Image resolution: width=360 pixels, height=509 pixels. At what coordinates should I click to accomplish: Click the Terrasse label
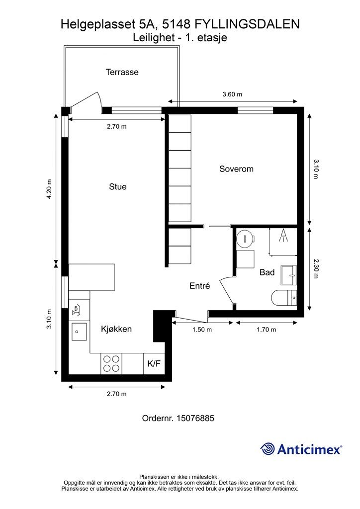coord(122,72)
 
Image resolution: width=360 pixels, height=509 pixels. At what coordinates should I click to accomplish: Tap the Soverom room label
coord(236,169)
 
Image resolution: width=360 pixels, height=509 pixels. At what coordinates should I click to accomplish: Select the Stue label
coord(118,187)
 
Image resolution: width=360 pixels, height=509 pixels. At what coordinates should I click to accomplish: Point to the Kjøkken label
coord(116,329)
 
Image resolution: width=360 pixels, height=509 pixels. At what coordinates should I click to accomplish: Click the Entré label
coord(199,286)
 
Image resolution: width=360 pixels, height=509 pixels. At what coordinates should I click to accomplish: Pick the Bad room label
coord(267,272)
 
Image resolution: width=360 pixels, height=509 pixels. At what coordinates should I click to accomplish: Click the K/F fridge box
coord(154,363)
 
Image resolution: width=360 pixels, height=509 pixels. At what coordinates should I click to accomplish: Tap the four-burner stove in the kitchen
coord(111,363)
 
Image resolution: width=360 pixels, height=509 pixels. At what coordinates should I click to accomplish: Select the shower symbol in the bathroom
coord(283,236)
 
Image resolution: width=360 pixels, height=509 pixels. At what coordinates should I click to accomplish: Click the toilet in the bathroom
coord(284,298)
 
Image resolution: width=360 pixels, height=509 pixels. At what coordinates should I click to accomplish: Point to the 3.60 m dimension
coord(232,94)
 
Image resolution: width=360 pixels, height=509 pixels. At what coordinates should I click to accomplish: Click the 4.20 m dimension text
coord(49,189)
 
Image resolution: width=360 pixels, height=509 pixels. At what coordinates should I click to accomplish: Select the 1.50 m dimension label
coord(202,330)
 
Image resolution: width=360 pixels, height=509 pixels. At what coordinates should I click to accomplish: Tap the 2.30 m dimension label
coord(316,268)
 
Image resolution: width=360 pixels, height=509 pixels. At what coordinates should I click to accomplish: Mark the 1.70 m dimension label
coord(267,330)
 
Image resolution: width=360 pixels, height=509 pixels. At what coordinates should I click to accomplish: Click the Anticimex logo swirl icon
coord(268,449)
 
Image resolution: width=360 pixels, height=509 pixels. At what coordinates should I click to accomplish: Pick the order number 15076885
coord(195,418)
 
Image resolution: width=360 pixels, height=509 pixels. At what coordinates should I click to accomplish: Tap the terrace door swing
coord(85,101)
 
